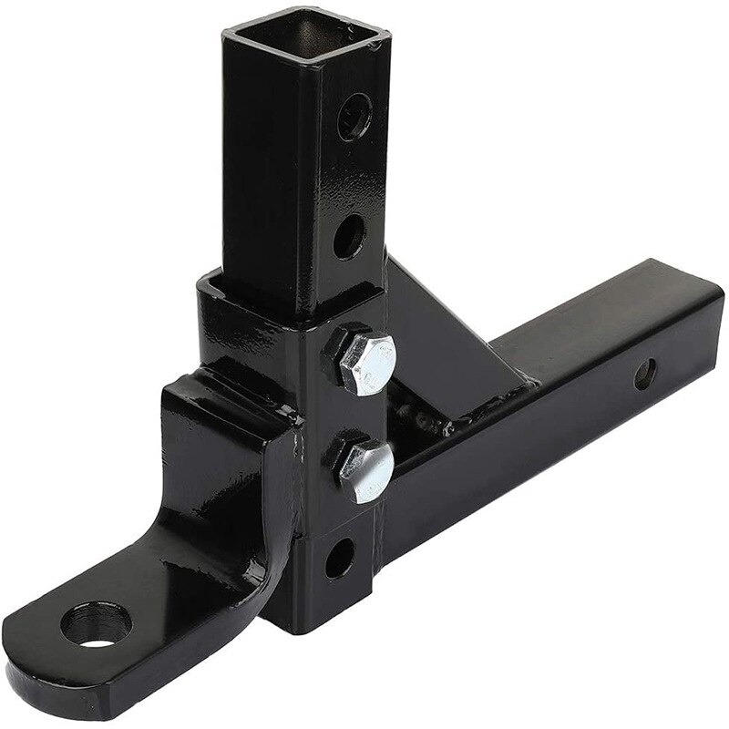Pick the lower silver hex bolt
pos(364,467)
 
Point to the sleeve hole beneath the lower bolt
pos(338,557)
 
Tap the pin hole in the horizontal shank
pos(644,373)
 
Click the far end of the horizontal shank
pos(702,301)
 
